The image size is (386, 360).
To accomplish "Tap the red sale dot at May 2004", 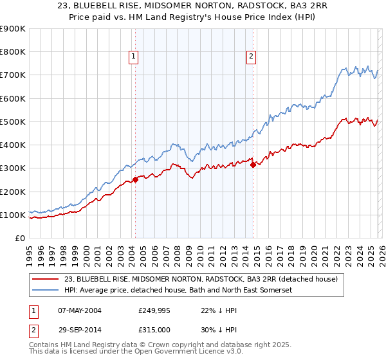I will click(135, 180).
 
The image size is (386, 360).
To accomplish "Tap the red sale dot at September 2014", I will click(253, 165).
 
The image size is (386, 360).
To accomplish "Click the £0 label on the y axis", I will click(20, 238).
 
